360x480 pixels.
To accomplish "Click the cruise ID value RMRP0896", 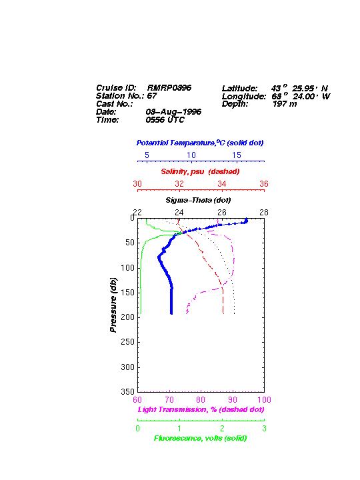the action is point(169,88).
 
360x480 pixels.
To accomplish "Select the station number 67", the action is point(152,96).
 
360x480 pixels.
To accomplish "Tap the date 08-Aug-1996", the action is point(173,112).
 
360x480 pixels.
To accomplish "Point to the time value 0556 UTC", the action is point(165,120).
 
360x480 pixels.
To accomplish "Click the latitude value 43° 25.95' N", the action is point(299,88).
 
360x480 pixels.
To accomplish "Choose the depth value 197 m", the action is point(285,104).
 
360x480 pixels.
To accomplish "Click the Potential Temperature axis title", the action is point(200,143).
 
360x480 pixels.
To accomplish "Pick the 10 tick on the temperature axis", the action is point(191,155).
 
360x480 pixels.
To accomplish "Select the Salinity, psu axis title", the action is point(200,171).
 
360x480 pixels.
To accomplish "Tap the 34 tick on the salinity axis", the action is point(221,184).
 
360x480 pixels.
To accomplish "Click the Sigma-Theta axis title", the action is point(198,200).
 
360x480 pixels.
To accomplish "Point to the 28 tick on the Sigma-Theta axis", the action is point(264,212).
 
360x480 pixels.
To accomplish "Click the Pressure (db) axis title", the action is point(113,305).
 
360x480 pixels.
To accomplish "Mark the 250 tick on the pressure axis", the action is point(127,342).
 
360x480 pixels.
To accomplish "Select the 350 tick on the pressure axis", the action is point(127,391).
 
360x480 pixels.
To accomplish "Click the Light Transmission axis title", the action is point(201,409).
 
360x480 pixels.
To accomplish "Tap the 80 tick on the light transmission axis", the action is point(201,400).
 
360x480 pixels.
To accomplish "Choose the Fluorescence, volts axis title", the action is point(201,438).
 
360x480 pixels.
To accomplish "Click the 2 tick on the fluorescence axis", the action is point(222,428).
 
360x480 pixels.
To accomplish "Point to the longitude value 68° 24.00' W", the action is point(301,96).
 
